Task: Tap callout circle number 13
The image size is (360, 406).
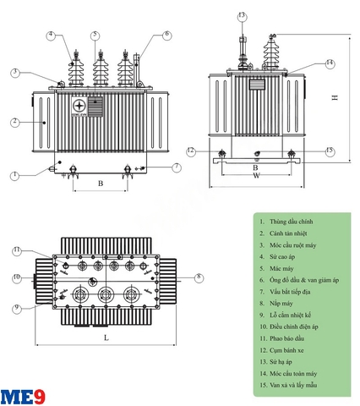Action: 242,16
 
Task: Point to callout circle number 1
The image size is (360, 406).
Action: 15,176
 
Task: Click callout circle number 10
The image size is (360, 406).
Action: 16,277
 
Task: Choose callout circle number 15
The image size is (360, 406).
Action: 330,151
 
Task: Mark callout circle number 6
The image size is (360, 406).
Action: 166,35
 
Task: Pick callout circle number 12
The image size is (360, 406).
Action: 191,151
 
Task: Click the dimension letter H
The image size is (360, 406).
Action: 335,98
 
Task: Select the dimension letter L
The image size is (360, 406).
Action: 106,337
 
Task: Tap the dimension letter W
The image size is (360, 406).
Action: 255,176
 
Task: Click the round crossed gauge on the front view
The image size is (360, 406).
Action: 79,105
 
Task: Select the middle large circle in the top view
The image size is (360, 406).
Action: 106,296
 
